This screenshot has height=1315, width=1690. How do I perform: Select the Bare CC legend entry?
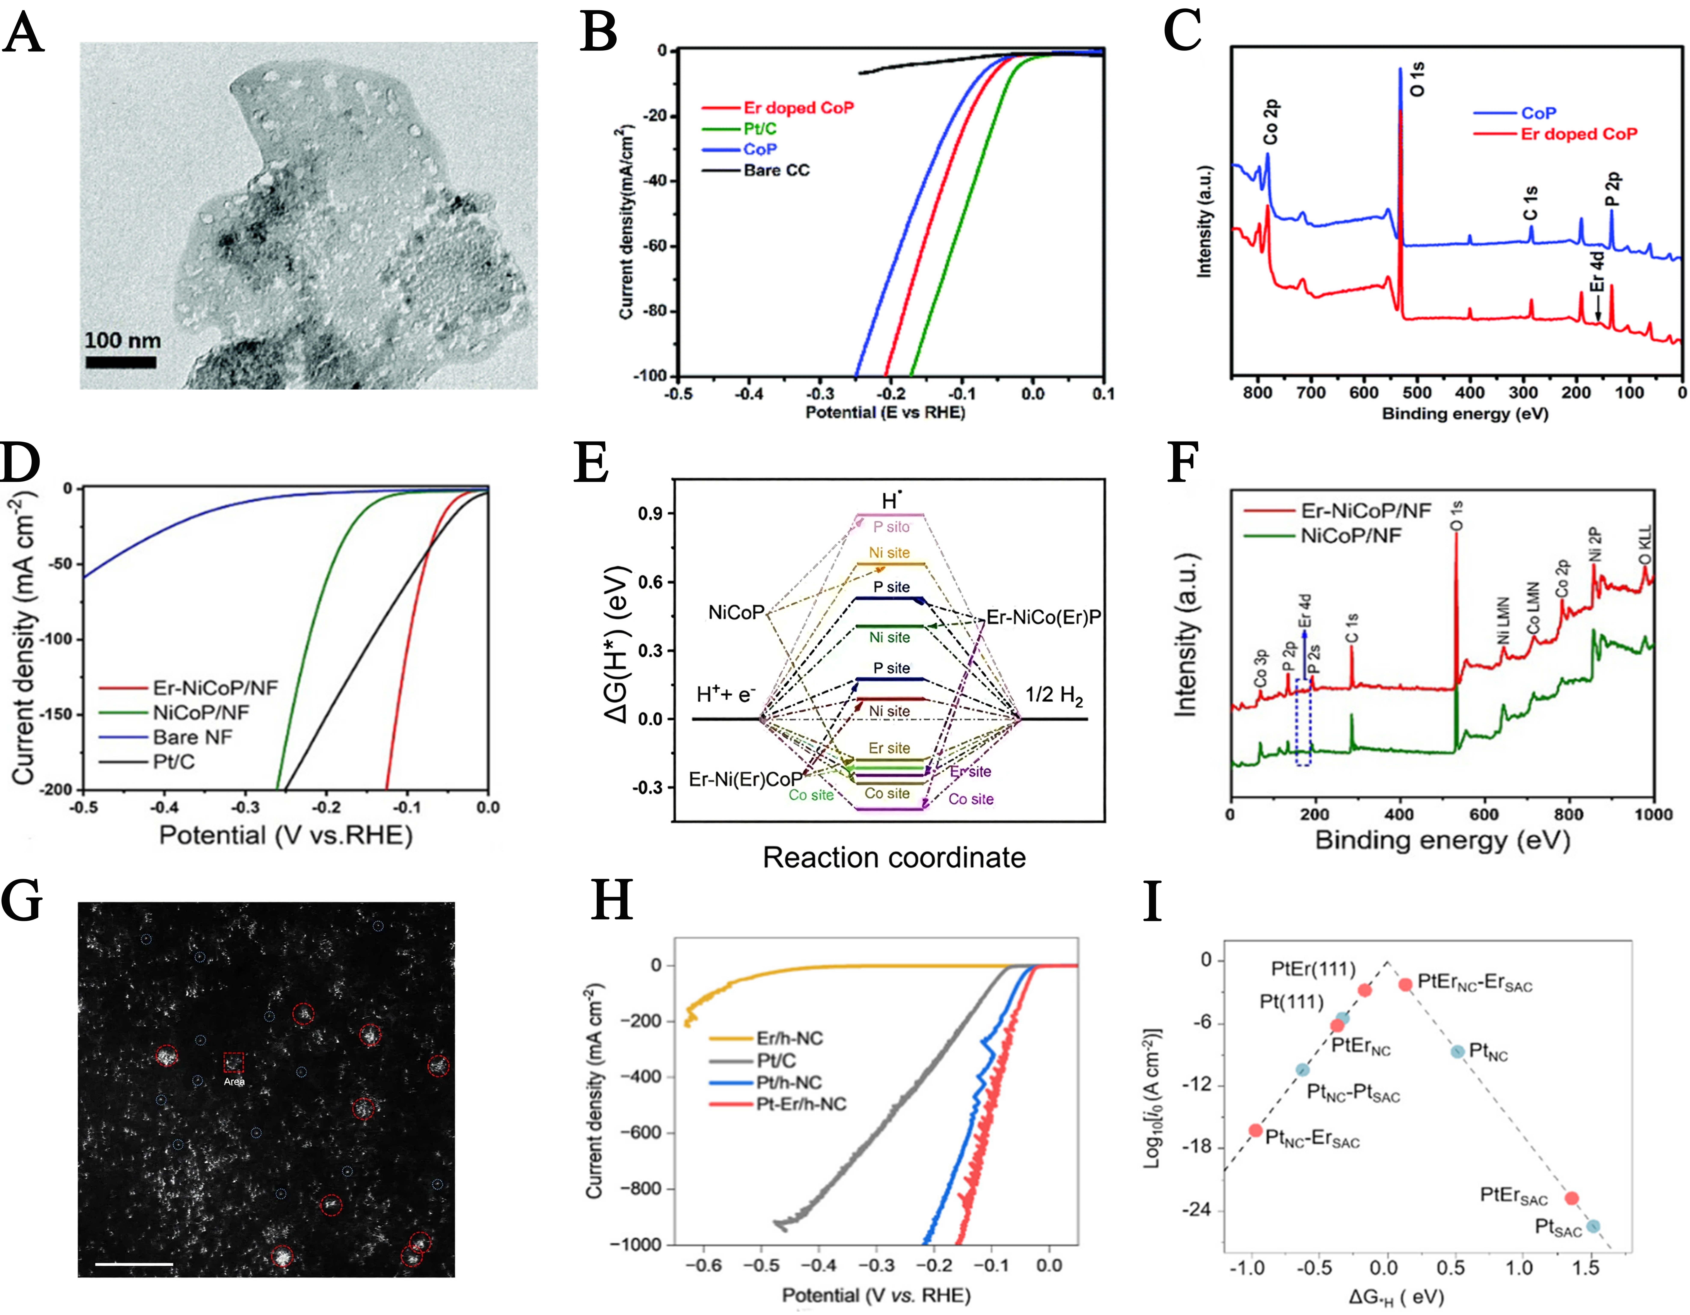tap(775, 170)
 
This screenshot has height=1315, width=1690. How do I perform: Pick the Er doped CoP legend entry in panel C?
tap(1579, 134)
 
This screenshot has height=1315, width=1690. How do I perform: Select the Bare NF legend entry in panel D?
tap(192, 737)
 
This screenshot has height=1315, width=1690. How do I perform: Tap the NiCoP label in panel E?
tap(736, 613)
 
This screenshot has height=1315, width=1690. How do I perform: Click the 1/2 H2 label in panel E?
tap(1054, 695)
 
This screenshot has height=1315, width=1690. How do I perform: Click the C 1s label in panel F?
tap(1352, 628)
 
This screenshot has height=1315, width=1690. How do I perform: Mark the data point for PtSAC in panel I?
tap(1592, 1226)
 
